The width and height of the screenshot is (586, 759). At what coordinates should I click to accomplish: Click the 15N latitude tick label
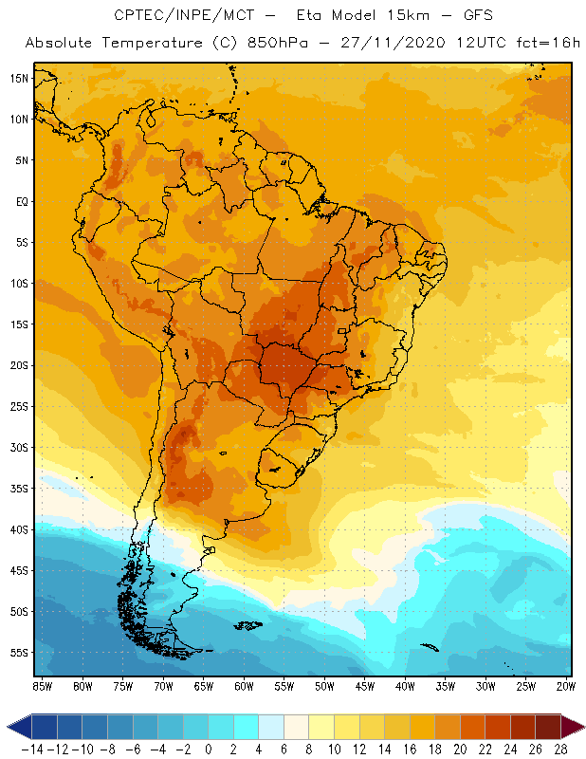tap(18, 78)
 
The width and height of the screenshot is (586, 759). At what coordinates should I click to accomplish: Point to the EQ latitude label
tap(21, 201)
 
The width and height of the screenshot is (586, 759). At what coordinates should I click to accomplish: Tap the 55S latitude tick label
tap(18, 653)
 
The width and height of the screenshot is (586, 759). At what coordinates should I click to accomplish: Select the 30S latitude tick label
tap(18, 447)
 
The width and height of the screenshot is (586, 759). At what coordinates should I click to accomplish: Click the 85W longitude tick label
tap(42, 686)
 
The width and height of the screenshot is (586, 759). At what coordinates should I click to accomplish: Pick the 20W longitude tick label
tap(567, 686)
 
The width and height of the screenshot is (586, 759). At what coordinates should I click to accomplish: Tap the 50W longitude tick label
tap(324, 686)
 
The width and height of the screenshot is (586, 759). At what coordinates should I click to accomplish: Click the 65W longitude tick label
tap(203, 686)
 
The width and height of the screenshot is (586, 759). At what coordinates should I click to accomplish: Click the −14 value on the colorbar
tap(31, 749)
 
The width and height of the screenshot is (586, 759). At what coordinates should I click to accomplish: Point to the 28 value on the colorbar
tap(561, 749)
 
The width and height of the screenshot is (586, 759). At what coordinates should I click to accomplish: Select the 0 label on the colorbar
tap(209, 749)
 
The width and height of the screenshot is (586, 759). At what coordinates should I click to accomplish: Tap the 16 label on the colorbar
tap(410, 749)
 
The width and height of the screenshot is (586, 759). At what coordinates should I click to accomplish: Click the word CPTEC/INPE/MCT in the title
tap(174, 16)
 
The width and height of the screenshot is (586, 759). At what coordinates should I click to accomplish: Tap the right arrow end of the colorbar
tap(576, 727)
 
